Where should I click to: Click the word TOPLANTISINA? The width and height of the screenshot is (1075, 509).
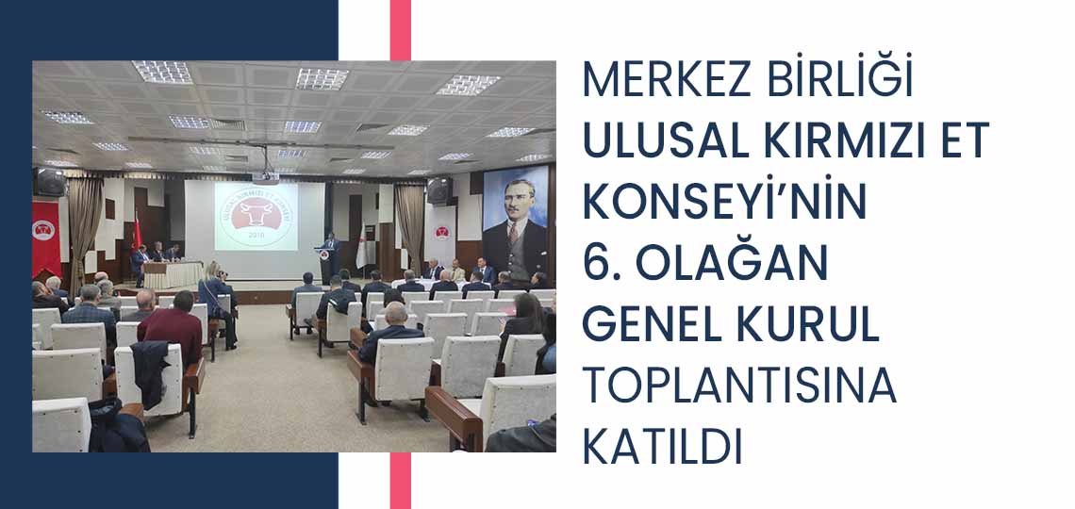739,387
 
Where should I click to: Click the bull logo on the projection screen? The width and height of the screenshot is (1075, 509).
256,215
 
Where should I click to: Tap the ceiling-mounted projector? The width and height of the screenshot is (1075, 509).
265,177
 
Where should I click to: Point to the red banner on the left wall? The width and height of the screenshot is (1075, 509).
46,237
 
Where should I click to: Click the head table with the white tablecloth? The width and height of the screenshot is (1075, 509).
173,274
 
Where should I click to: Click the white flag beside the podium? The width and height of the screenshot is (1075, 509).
360,247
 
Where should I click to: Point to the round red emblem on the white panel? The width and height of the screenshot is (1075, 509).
442,233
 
